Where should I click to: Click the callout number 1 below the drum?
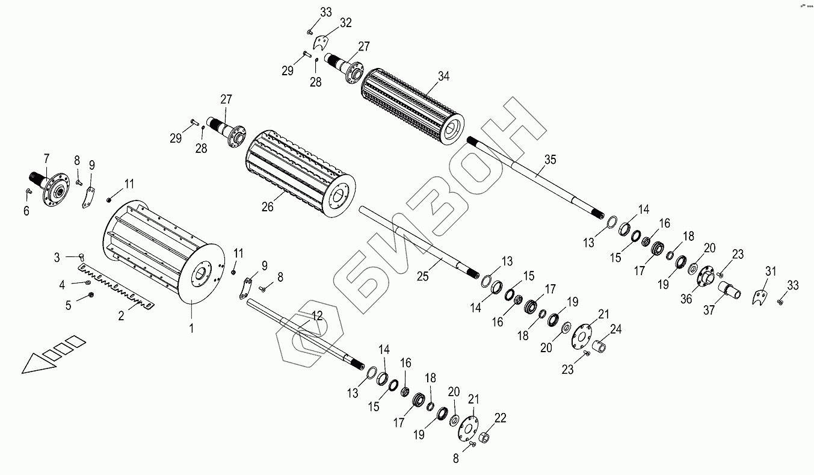[191, 329]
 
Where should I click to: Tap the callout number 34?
[444, 76]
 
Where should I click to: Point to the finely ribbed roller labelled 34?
[412, 106]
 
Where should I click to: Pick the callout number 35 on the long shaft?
[550, 160]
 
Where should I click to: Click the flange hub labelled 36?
[703, 279]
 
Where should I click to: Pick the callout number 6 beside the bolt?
[26, 211]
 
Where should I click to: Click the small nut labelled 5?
[91, 294]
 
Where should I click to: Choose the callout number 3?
[57, 258]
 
